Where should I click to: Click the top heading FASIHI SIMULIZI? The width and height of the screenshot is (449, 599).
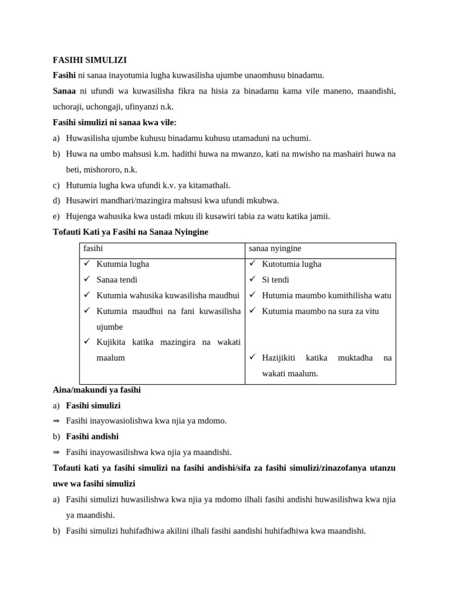click(89, 60)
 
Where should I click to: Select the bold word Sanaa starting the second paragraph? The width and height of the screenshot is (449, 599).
click(64, 91)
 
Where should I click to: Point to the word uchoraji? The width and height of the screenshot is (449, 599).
click(71, 107)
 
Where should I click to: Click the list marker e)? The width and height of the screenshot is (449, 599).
click(56, 216)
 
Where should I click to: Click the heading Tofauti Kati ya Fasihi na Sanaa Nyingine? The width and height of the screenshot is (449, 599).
click(130, 232)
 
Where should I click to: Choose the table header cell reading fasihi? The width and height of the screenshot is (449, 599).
click(93, 249)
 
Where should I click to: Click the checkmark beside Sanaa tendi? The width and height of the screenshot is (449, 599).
click(87, 280)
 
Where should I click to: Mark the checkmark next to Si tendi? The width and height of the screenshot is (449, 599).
click(253, 280)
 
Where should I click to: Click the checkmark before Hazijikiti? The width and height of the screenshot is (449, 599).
click(253, 357)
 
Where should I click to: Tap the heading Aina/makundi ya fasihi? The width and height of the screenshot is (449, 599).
click(96, 390)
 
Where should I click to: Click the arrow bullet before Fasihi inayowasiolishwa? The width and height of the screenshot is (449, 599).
click(56, 421)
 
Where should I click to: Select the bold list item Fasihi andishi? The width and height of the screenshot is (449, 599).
click(92, 436)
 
